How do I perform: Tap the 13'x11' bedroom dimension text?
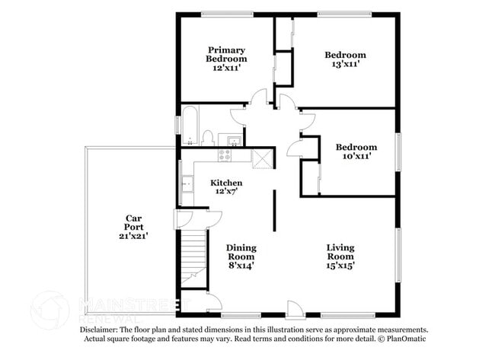(345, 65)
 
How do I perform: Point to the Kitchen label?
(226, 183)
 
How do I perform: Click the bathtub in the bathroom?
(190, 126)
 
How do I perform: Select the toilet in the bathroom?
(207, 138)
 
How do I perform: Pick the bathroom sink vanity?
(231, 139)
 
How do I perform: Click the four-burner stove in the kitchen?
(225, 155)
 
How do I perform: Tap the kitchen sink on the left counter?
(187, 183)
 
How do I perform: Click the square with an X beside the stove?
(262, 158)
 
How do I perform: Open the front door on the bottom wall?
(294, 309)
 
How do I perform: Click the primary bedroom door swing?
(259, 97)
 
